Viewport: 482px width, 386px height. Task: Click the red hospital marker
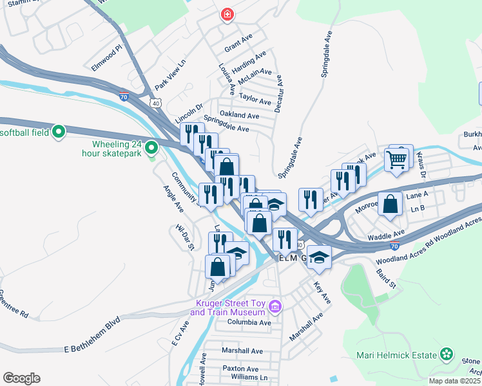pos(226,14)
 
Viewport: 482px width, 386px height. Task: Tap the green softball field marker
pos(59,133)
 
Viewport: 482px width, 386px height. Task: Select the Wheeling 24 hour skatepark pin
pos(151,149)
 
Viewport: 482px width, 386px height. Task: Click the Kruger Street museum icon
pos(276,306)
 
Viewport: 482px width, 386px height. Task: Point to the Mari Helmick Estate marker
pos(447,354)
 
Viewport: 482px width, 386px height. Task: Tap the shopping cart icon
pos(398,158)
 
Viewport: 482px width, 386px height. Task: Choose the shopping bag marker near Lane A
pos(390,205)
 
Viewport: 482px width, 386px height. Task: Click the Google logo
pos(21,378)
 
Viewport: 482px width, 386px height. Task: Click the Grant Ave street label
pos(237,48)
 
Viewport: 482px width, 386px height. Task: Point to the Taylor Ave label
pos(255,100)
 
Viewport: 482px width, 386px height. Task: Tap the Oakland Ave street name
pos(239,115)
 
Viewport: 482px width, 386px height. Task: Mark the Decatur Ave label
pos(278,93)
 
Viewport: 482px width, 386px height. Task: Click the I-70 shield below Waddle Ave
pos(394,245)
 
